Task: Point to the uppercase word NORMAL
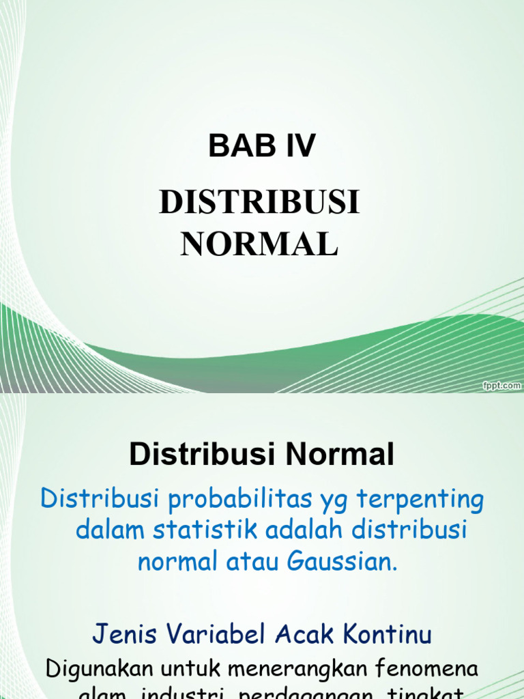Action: point(259,244)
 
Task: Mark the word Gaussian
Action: point(342,562)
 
